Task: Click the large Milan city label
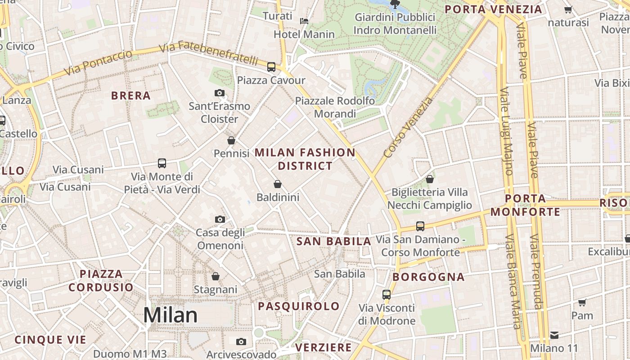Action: tap(171, 315)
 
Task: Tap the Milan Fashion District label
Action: tap(305, 159)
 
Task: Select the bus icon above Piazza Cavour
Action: tap(271, 67)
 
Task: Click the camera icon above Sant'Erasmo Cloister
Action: tap(220, 93)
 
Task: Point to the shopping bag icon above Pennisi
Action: tap(231, 140)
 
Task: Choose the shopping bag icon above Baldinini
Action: tap(278, 184)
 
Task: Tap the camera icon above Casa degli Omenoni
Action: tap(220, 220)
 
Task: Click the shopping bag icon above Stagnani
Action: tap(216, 276)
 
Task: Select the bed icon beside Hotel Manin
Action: tap(304, 21)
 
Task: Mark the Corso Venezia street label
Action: tap(409, 127)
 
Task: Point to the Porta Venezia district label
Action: tap(493, 9)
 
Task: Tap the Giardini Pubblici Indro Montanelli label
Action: tap(395, 24)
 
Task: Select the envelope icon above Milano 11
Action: tap(554, 335)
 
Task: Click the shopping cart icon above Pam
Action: tap(582, 302)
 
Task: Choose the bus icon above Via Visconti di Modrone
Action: tap(387, 295)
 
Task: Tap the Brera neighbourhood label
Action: tap(131, 96)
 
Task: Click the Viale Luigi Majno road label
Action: tap(506, 131)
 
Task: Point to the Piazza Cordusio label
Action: tap(101, 280)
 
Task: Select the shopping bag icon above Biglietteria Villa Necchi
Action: tap(430, 179)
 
